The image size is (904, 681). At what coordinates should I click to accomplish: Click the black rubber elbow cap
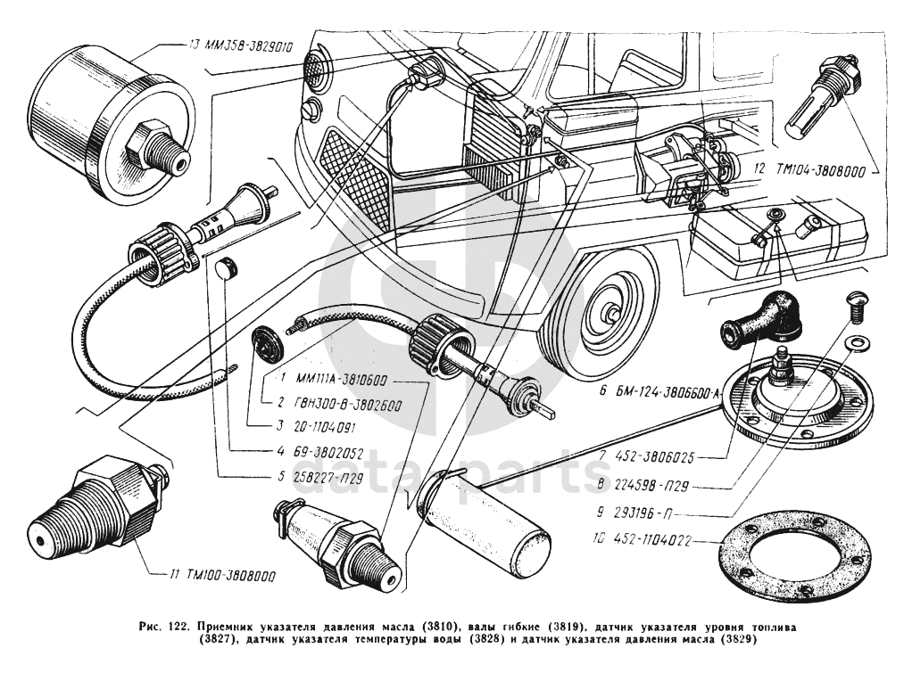click(759, 320)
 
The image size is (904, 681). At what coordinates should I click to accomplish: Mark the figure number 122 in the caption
click(177, 628)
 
